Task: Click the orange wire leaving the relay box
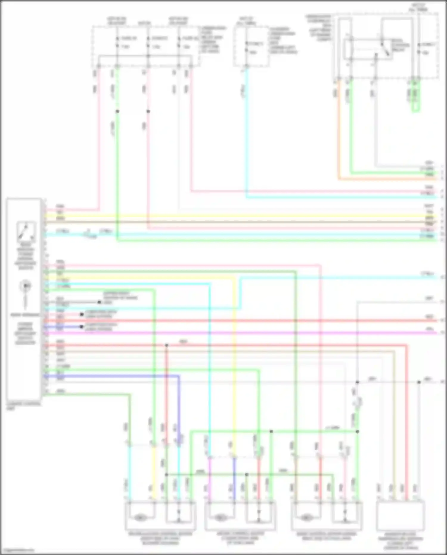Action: click(339, 134)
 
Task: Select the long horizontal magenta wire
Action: click(238, 333)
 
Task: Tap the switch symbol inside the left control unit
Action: click(26, 231)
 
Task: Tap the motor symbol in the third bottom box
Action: click(306, 518)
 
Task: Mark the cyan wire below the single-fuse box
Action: click(246, 134)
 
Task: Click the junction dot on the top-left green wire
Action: click(117, 111)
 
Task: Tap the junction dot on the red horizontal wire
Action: click(167, 345)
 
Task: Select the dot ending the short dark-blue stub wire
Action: click(81, 327)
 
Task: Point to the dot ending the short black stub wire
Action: click(99, 302)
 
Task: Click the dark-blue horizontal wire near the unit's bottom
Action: click(113, 376)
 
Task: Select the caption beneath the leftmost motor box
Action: click(160, 538)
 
